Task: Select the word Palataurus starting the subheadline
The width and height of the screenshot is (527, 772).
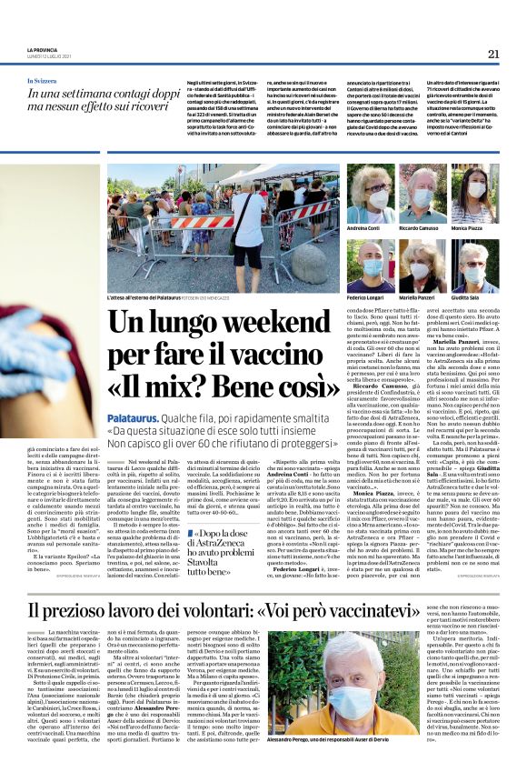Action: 133,414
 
